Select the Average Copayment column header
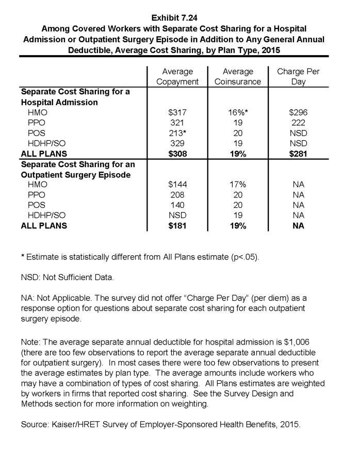pyautogui.click(x=177, y=76)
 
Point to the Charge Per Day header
pyautogui.click(x=298, y=76)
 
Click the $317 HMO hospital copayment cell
pyautogui.click(x=177, y=112)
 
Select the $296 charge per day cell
pyautogui.click(x=298, y=112)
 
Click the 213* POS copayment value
pyautogui.click(x=178, y=133)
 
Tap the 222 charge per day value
pyautogui.click(x=298, y=123)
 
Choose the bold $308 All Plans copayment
pyautogui.click(x=177, y=154)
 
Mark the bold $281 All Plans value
pyautogui.click(x=298, y=154)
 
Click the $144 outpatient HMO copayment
pyautogui.click(x=177, y=185)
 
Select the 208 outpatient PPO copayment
pyautogui.click(x=177, y=195)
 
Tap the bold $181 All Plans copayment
pyautogui.click(x=177, y=226)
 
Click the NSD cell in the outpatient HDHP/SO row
pyautogui.click(x=177, y=216)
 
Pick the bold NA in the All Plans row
pyautogui.click(x=298, y=226)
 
